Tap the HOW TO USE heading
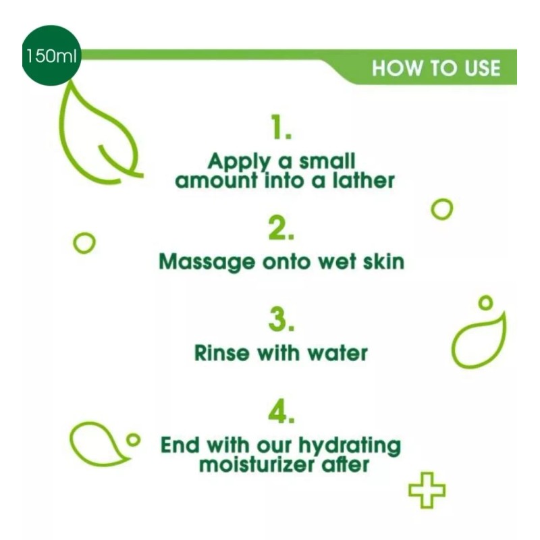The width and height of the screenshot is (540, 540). point(436,69)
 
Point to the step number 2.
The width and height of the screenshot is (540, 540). point(281,230)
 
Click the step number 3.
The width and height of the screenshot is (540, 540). point(281,321)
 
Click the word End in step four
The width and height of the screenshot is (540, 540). point(181,446)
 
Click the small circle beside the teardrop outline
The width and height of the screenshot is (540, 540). point(133,440)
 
